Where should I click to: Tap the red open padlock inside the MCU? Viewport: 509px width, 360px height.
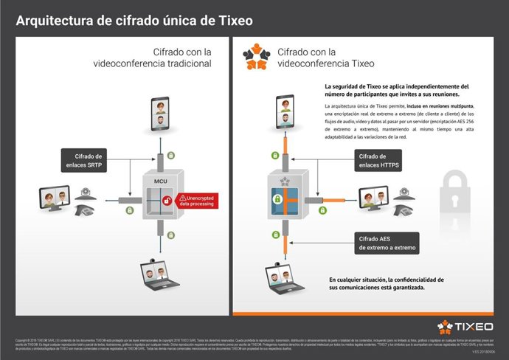[169, 200]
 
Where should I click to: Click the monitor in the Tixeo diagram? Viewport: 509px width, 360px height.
[374, 198]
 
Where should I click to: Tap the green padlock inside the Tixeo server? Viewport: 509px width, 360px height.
[278, 198]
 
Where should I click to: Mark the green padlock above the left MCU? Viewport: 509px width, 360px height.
[171, 156]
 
